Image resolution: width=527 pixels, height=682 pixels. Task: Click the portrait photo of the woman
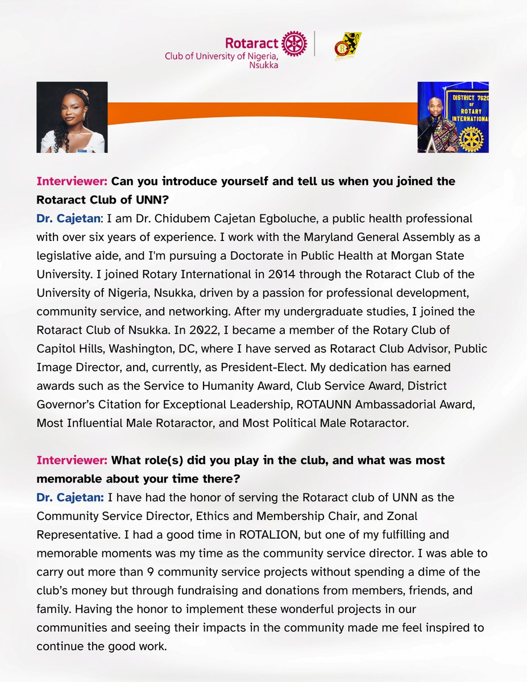tap(72, 117)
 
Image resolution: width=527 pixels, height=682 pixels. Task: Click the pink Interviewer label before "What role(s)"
tap(72, 460)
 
